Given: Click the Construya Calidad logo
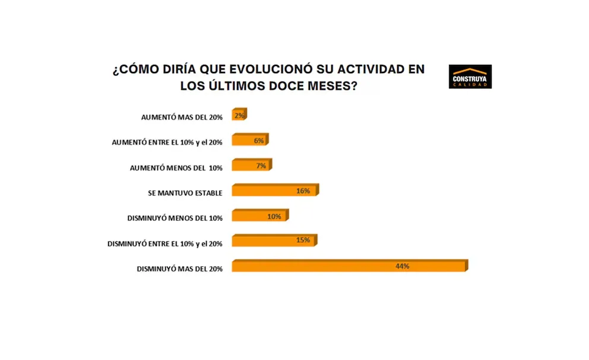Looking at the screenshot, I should [x=470, y=77].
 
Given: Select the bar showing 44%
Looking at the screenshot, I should [x=349, y=266].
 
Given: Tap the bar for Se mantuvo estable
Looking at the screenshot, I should [x=275, y=191].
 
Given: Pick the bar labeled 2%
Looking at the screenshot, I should [x=239, y=115].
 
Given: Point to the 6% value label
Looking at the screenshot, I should [x=258, y=141].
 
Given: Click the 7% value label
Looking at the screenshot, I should [x=261, y=166].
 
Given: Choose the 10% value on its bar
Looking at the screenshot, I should [x=274, y=216].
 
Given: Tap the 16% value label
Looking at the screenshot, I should [x=303, y=191].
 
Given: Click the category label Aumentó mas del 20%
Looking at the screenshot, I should [x=182, y=118].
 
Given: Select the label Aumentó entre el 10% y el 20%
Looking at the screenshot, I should [x=167, y=143].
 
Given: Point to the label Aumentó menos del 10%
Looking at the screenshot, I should [x=176, y=168].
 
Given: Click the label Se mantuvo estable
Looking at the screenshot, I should [x=185, y=193].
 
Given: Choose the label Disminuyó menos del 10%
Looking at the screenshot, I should [x=175, y=218].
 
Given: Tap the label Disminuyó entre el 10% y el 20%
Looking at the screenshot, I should [x=164, y=244].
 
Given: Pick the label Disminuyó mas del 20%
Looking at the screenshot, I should [x=179, y=269].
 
